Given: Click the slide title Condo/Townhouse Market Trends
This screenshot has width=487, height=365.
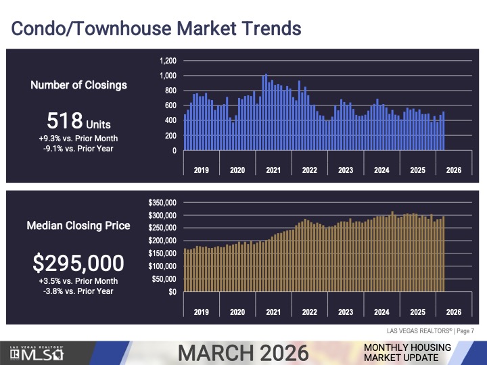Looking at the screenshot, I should pos(156,29).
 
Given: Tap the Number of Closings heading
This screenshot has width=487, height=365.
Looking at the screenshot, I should pos(78,85).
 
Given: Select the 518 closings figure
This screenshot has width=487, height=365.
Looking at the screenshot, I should pos(78,122).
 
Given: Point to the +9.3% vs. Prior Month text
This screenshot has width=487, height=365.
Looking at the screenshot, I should pos(78,139).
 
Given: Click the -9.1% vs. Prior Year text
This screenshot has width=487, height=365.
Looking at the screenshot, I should pos(78,149).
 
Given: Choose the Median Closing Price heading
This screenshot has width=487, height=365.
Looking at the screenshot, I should pos(78,226).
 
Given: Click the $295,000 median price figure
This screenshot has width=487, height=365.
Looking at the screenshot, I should pos(78,262).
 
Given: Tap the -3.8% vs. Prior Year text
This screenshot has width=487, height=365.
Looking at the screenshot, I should pos(78,291).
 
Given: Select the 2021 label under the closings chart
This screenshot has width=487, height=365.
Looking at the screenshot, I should pos(273,170).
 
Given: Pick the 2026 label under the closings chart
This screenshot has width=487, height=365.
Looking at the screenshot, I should pos(453,170).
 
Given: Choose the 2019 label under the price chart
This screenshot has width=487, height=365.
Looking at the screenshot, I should pos(201,312).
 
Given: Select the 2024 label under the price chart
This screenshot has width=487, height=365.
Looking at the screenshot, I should pos(381,312).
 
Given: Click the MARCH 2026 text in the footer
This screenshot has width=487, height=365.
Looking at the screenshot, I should pos(243,353).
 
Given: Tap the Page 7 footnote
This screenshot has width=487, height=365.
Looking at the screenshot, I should pos(464,331).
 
